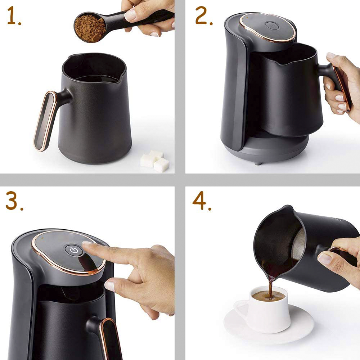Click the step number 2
click(x=203, y=16)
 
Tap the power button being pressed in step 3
click(x=74, y=251)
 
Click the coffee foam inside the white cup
click(x=268, y=296)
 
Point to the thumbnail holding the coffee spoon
click(x=130, y=15)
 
